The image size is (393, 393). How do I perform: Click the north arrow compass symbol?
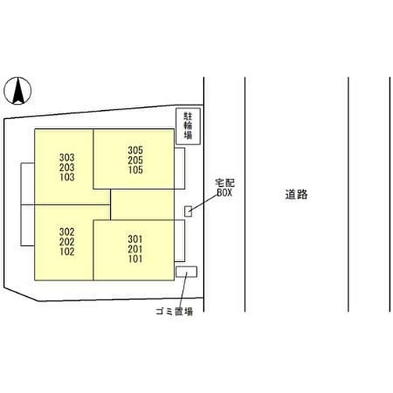coord(17,90)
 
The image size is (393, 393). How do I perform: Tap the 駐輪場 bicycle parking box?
coord(188,126)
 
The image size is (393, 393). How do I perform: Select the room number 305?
coord(135,150)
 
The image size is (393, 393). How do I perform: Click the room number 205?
coord(135,160)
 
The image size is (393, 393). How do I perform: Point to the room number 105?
coord(135,170)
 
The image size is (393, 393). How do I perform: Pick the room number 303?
coord(67,158)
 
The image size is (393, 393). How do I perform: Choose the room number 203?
coord(67,167)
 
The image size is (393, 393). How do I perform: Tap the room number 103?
coord(67,177)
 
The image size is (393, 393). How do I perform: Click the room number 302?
coord(67,232)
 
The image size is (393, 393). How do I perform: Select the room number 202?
coord(67,241)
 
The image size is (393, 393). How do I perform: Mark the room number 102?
coord(67,252)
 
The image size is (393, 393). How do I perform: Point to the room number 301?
coord(135,239)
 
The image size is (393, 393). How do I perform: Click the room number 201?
coord(135,249)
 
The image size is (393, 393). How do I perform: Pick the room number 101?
coord(135,259)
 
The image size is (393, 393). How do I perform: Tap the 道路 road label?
coord(296,194)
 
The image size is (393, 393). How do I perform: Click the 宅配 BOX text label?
coord(225,188)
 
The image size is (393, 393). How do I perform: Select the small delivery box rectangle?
coord(188,211)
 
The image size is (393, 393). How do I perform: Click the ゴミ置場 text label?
coord(175,312)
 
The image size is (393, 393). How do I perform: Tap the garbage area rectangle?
coord(186,272)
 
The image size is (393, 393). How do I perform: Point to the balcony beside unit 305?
coord(180,168)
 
